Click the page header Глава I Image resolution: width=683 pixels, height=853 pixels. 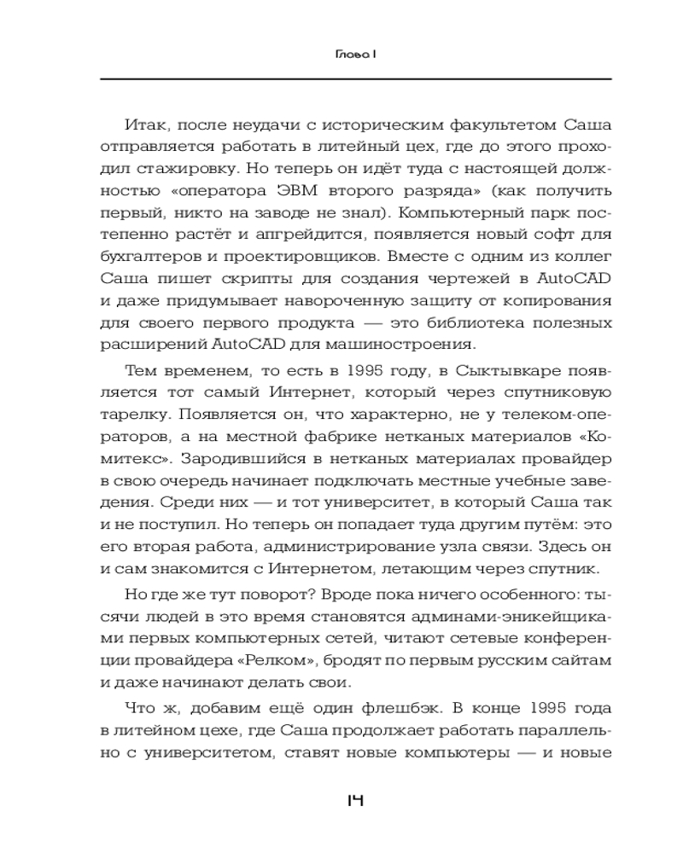355,55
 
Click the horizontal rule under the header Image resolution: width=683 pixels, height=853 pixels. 355,78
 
